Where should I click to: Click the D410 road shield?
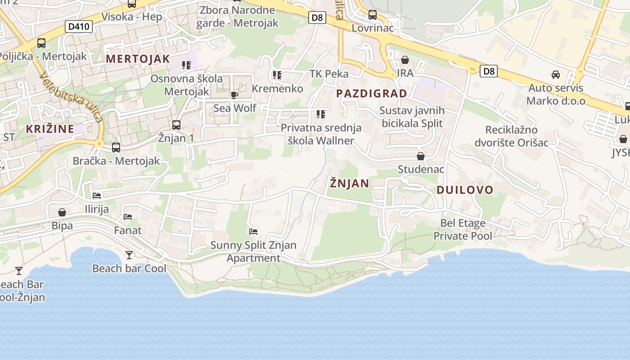point(79,27)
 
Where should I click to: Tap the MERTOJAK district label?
point(138,59)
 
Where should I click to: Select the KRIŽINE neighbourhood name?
point(49,129)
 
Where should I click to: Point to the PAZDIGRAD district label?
point(372,94)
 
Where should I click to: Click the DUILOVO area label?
point(465,190)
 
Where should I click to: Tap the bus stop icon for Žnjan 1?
point(176,125)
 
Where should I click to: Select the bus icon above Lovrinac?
point(373,14)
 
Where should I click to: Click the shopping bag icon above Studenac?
point(421,156)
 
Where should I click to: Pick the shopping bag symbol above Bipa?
point(62,212)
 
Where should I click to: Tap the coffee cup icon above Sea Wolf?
point(234,94)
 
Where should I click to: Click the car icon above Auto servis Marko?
point(556,74)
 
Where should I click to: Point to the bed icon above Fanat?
point(128,216)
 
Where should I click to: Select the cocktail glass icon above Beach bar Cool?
point(129,255)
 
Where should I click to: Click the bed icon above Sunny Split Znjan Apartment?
point(253,232)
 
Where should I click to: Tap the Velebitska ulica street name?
point(71,96)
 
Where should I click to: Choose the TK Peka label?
point(329,74)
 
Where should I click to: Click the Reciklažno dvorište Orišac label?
point(511,136)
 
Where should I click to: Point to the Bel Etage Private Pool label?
point(463,229)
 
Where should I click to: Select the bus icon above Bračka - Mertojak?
point(116,147)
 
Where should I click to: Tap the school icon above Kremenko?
point(277,75)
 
